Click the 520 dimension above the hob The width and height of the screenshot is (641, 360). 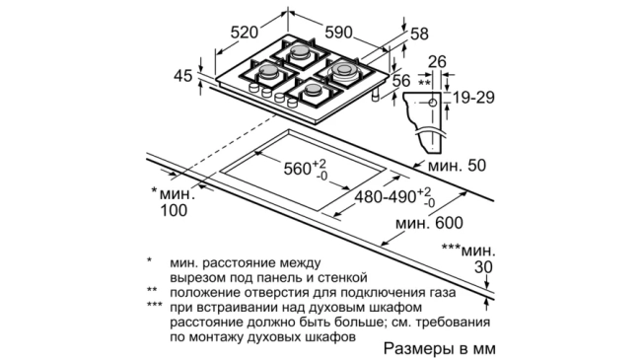tap(247, 33)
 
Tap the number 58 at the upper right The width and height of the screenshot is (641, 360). tap(419, 35)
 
